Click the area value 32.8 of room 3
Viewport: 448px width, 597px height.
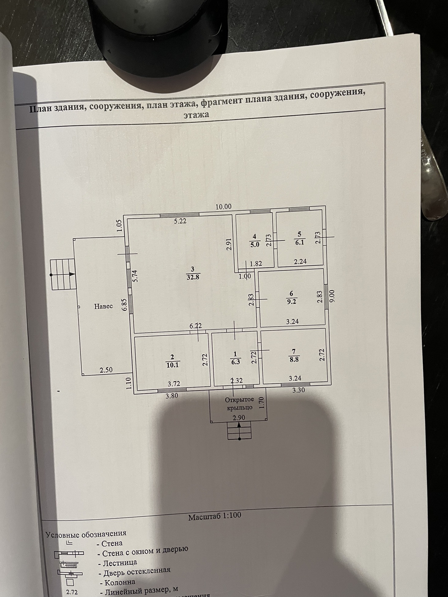[193, 277]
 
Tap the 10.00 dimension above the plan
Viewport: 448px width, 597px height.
[223, 207]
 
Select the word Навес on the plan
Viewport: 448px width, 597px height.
[103, 306]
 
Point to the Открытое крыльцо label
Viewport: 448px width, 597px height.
[239, 404]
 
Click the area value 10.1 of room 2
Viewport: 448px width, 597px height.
[173, 365]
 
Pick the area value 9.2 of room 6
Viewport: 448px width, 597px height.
[291, 302]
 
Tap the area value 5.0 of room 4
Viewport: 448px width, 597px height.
[255, 245]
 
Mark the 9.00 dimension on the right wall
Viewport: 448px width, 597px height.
[333, 296]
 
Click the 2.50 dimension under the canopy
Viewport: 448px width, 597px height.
[106, 370]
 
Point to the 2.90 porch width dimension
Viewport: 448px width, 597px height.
[239, 418]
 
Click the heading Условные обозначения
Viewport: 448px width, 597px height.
[86, 534]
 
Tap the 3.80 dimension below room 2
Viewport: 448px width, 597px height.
[172, 396]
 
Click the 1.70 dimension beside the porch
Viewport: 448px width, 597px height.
[261, 403]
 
